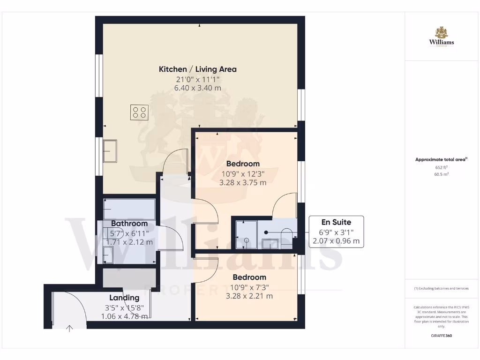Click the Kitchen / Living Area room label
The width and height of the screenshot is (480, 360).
(x=197, y=69)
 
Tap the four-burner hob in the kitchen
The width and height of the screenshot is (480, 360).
(x=139, y=112)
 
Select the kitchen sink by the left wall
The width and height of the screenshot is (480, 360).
(x=111, y=151)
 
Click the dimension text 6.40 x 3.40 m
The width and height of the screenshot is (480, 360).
(x=197, y=88)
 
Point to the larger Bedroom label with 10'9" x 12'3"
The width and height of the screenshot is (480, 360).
(x=243, y=164)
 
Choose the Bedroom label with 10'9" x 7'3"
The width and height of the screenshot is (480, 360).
(x=249, y=277)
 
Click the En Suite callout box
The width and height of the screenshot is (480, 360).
(x=336, y=232)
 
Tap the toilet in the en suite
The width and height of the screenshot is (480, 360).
(x=285, y=234)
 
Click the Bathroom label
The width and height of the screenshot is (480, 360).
(x=129, y=224)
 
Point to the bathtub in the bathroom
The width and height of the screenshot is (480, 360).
(x=129, y=206)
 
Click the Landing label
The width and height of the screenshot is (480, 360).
(x=124, y=298)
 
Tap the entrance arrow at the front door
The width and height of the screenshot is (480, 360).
(x=69, y=328)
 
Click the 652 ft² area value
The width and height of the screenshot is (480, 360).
(x=441, y=167)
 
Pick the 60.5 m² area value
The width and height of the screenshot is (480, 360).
(x=441, y=174)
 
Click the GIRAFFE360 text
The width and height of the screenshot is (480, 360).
(x=441, y=336)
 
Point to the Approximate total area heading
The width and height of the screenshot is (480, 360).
(x=441, y=160)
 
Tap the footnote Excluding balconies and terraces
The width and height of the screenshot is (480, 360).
(x=441, y=288)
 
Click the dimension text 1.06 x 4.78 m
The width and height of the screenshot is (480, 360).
(x=124, y=316)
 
